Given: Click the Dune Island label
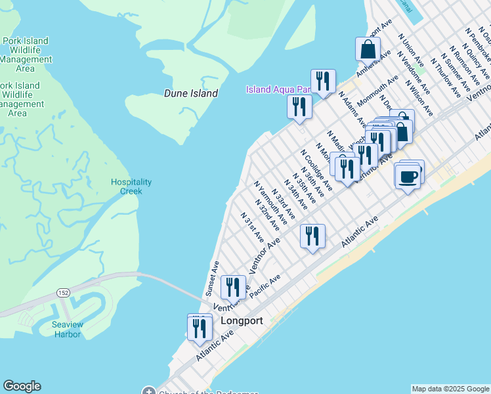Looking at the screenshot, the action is (x=190, y=93).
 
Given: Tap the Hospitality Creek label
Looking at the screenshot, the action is (x=131, y=186).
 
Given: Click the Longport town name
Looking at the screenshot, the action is (x=242, y=321).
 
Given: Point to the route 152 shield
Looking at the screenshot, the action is (x=63, y=292).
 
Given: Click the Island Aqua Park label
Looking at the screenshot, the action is (x=277, y=89).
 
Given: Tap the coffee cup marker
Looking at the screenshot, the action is (x=408, y=176).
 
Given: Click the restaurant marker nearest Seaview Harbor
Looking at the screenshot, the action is (x=200, y=328).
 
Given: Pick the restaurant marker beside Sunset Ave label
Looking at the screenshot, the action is (x=233, y=287).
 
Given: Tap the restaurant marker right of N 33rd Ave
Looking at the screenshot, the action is (x=312, y=236).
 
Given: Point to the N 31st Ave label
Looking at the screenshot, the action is (x=252, y=226).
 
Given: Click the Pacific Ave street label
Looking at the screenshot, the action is (x=266, y=287).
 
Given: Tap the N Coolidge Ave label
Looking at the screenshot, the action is (x=316, y=170).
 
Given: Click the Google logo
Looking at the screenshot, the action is (x=22, y=386).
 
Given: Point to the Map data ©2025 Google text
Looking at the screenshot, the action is (x=450, y=389).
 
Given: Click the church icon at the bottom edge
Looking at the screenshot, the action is (x=149, y=391).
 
